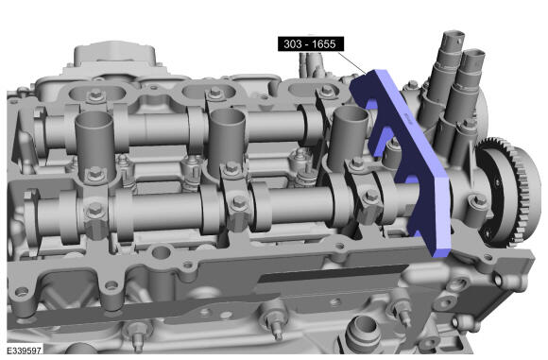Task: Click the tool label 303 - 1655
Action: coord(310,44)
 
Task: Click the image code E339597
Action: coord(25,351)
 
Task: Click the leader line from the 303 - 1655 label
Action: coord(352,62)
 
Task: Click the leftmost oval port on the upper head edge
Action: coord(97,93)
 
